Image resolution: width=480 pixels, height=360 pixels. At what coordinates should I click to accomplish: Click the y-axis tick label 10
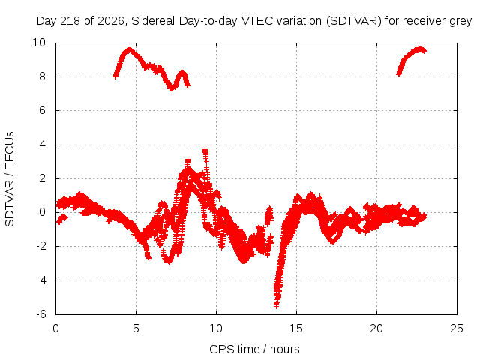pyautogui.click(x=39, y=43)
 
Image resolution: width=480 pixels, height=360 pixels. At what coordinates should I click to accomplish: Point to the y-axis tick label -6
pyautogui.click(x=40, y=314)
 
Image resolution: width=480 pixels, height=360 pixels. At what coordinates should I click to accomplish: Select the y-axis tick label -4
pyautogui.click(x=40, y=280)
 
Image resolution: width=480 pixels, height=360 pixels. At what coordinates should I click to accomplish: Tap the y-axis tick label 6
pyautogui.click(x=42, y=110)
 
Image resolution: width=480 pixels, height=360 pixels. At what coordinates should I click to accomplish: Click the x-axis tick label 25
pyautogui.click(x=457, y=328)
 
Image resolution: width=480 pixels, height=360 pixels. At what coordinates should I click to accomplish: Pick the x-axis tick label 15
pyautogui.click(x=296, y=328)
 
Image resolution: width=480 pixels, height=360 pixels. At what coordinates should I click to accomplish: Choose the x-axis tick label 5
pyautogui.click(x=136, y=328)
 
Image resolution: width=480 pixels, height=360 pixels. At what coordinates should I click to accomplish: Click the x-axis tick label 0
pyautogui.click(x=55, y=328)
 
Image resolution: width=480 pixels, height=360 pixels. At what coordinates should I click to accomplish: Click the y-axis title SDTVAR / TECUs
pyautogui.click(x=10, y=179)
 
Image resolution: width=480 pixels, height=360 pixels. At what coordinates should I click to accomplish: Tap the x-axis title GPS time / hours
pyautogui.click(x=254, y=349)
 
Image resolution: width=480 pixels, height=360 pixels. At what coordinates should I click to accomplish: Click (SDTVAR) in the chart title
pyautogui.click(x=354, y=21)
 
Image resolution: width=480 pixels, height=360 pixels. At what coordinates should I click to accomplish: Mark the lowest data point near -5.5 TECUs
pyautogui.click(x=277, y=305)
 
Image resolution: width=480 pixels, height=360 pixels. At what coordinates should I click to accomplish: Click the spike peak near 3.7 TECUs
pyautogui.click(x=205, y=150)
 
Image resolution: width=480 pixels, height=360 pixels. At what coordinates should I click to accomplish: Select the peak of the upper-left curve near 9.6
pyautogui.click(x=130, y=49)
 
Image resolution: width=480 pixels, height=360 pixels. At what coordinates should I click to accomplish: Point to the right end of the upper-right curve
pyautogui.click(x=424, y=51)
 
